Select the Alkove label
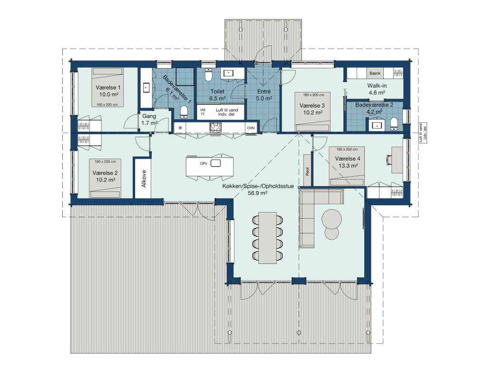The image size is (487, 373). click(x=144, y=179)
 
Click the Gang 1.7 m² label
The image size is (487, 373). click(x=149, y=120)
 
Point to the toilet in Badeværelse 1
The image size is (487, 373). click(x=184, y=112)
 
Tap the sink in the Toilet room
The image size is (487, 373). click(x=229, y=73)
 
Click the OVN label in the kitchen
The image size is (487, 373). click(x=251, y=128)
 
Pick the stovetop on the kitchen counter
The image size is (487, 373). click(x=216, y=128)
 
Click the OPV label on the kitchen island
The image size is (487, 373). click(x=204, y=164)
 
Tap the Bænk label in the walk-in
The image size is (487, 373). click(x=375, y=73)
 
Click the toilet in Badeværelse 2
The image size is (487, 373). click(x=394, y=124)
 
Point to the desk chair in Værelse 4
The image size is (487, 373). click(x=389, y=160)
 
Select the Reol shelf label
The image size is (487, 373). click(x=308, y=171)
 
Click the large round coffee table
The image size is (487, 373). click(x=331, y=219)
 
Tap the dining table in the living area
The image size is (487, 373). click(x=267, y=238)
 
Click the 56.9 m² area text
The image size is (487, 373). click(x=258, y=193)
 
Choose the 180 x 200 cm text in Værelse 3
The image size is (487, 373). click(x=313, y=95)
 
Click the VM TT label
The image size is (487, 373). click(x=203, y=112)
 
